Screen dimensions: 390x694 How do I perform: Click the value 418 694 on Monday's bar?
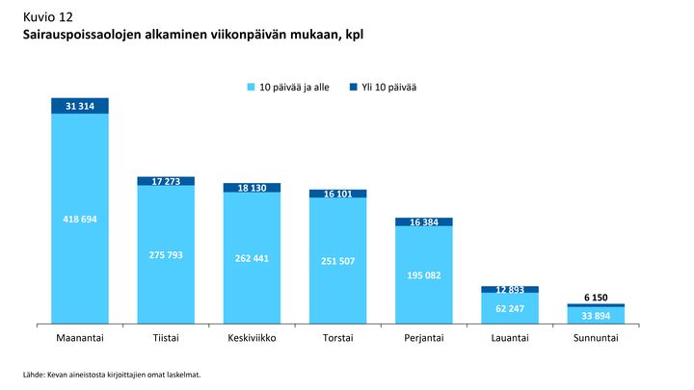tap(80, 220)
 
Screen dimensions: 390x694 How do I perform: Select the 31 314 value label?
tap(80, 106)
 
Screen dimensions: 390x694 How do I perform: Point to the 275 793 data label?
tap(166, 254)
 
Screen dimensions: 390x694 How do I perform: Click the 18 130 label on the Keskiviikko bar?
tap(252, 188)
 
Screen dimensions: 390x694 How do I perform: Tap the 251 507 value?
tap(338, 260)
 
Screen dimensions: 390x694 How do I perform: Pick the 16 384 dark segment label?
tap(424, 221)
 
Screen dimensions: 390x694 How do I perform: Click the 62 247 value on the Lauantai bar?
tap(510, 308)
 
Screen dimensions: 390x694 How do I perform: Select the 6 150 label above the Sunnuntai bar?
tap(596, 298)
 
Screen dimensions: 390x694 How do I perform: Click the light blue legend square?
tap(253, 88)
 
